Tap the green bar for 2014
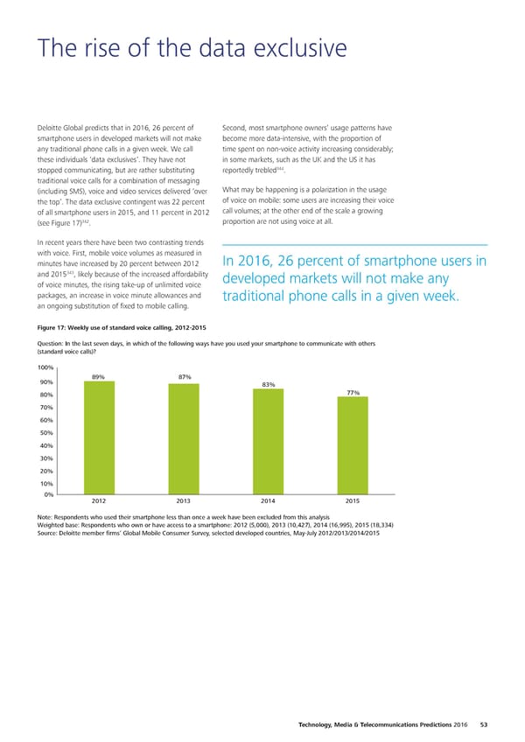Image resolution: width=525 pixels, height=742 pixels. click(x=269, y=454)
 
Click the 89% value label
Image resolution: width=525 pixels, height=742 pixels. click(x=99, y=401)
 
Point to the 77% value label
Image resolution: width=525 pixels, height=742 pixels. click(x=353, y=416)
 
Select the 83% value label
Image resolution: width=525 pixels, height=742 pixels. click(x=269, y=409)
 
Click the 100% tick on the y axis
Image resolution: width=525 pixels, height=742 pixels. click(x=46, y=393)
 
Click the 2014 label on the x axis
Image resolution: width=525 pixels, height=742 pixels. click(x=269, y=501)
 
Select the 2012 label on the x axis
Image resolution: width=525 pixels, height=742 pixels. click(x=99, y=501)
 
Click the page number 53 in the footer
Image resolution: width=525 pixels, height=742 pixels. click(x=484, y=724)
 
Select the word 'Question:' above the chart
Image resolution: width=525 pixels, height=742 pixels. click(x=53, y=369)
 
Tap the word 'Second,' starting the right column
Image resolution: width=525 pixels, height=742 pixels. click(x=236, y=127)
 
